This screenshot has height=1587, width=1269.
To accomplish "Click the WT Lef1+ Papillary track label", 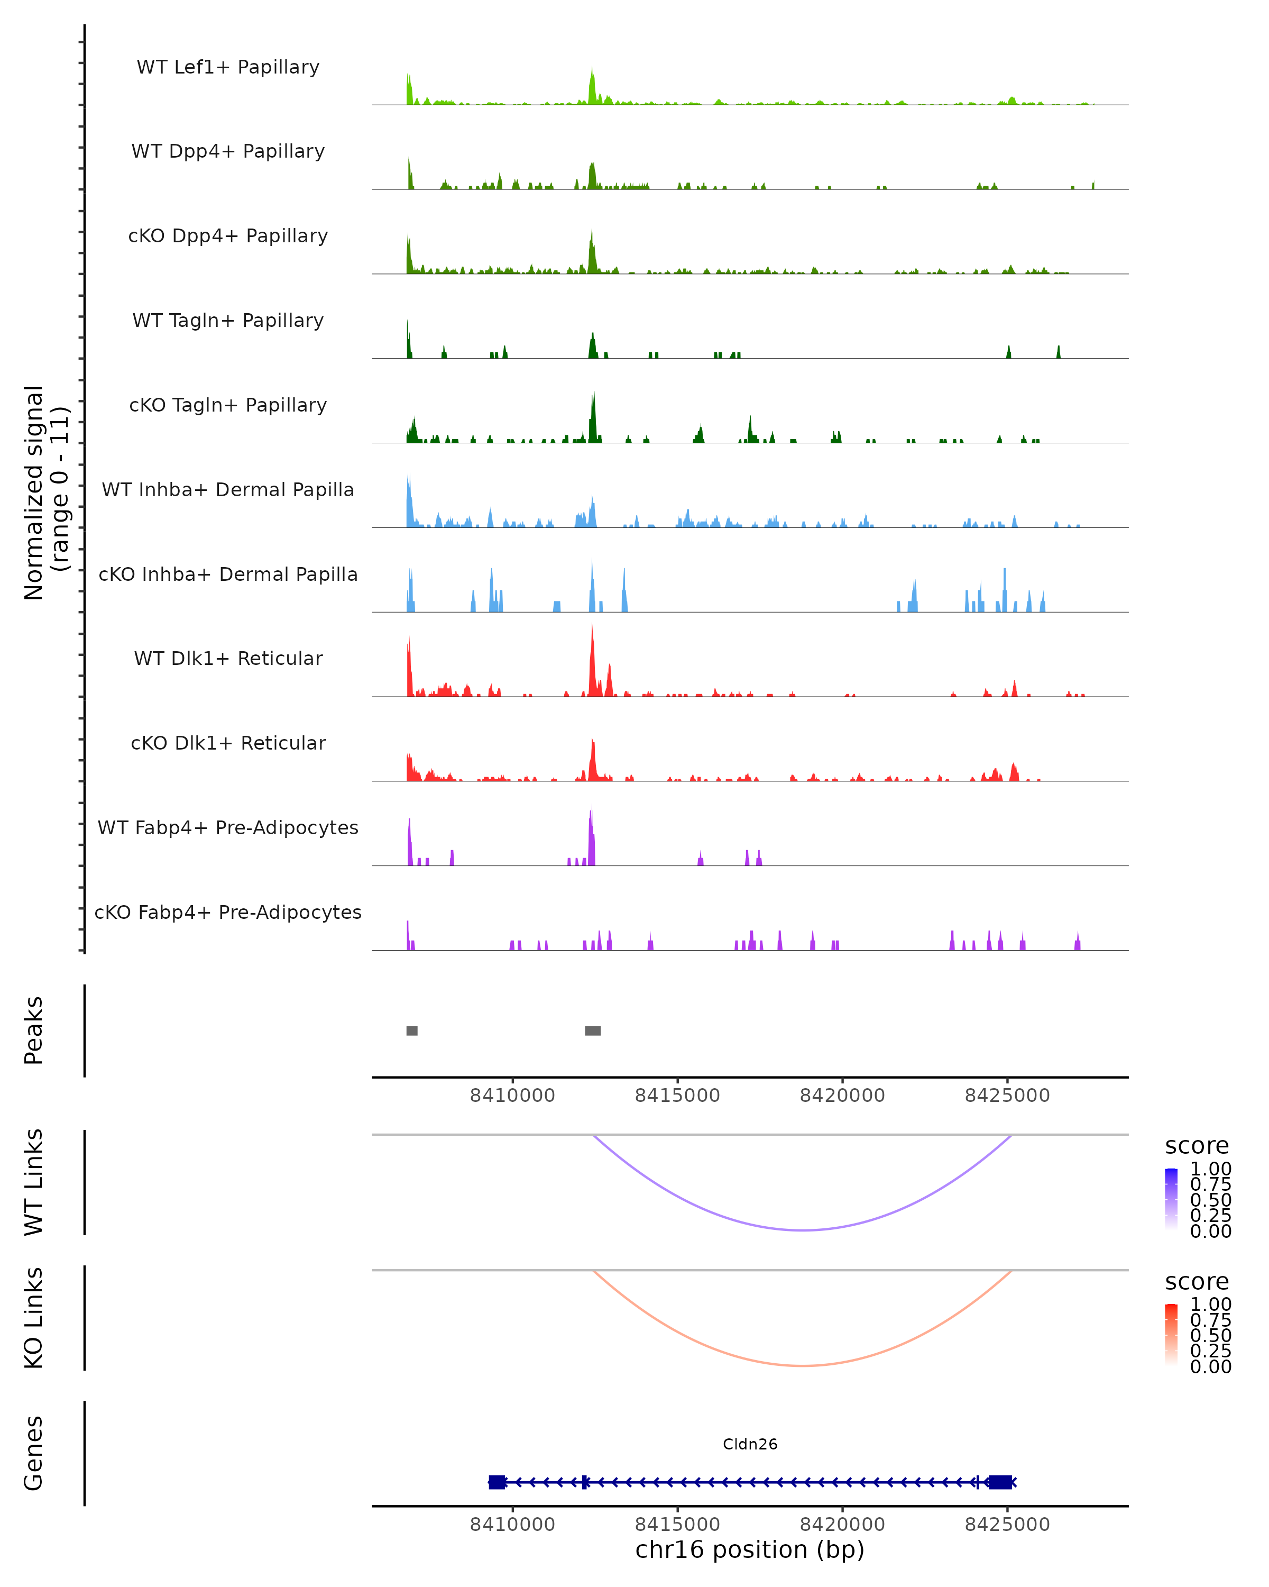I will point(228,67).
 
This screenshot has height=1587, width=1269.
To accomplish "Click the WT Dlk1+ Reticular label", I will point(228,658).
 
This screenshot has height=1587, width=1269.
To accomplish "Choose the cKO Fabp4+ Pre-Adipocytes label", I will point(228,912).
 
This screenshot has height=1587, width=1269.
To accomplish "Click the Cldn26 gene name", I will point(750,1444).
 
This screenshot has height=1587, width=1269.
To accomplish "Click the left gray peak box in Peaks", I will point(412,1030).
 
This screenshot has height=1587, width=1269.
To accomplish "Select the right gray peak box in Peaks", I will point(592,1030).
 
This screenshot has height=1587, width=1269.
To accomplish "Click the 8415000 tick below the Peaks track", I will point(677,1096).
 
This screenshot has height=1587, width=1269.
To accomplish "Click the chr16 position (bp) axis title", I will point(750,1549).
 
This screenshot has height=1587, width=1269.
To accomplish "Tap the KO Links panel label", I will point(34,1318).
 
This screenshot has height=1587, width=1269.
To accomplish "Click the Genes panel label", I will point(34,1453).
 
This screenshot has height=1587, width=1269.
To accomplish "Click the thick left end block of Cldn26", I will point(496,1482).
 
